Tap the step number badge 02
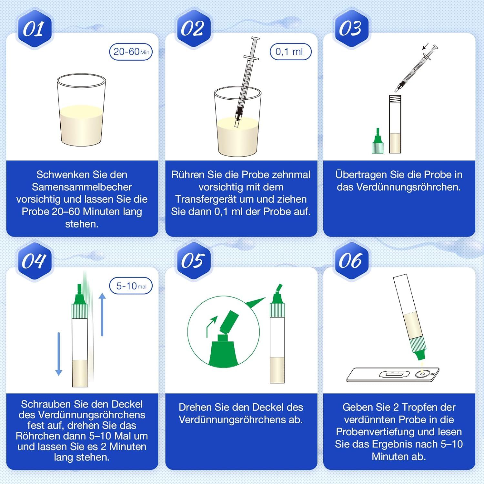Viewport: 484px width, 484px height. click(193, 29)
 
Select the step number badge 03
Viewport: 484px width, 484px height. click(350, 29)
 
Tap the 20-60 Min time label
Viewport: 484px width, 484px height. click(131, 52)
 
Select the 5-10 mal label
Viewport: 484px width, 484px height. click(131, 286)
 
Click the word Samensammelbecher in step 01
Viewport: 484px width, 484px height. click(82, 187)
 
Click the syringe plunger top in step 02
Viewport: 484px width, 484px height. click(255, 39)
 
